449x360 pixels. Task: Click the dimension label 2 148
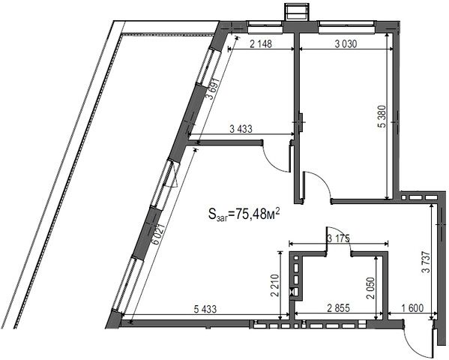pyautogui.click(x=261, y=44)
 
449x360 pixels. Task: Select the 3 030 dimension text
pyautogui.click(x=346, y=44)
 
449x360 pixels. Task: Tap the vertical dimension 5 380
pyautogui.click(x=382, y=116)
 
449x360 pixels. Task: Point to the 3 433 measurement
pyautogui.click(x=241, y=129)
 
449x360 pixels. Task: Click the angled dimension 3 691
pyautogui.click(x=214, y=88)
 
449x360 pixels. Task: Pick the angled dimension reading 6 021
pyautogui.click(x=159, y=234)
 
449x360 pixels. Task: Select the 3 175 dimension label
pyautogui.click(x=339, y=238)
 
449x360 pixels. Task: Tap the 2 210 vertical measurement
pyautogui.click(x=274, y=286)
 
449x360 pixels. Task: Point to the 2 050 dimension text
pyautogui.click(x=370, y=288)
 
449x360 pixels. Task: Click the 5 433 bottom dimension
pyautogui.click(x=205, y=309)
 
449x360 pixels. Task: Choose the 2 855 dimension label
pyautogui.click(x=339, y=308)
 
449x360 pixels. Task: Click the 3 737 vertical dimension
pyautogui.click(x=426, y=262)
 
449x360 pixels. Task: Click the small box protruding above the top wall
pyautogui.click(x=297, y=12)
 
